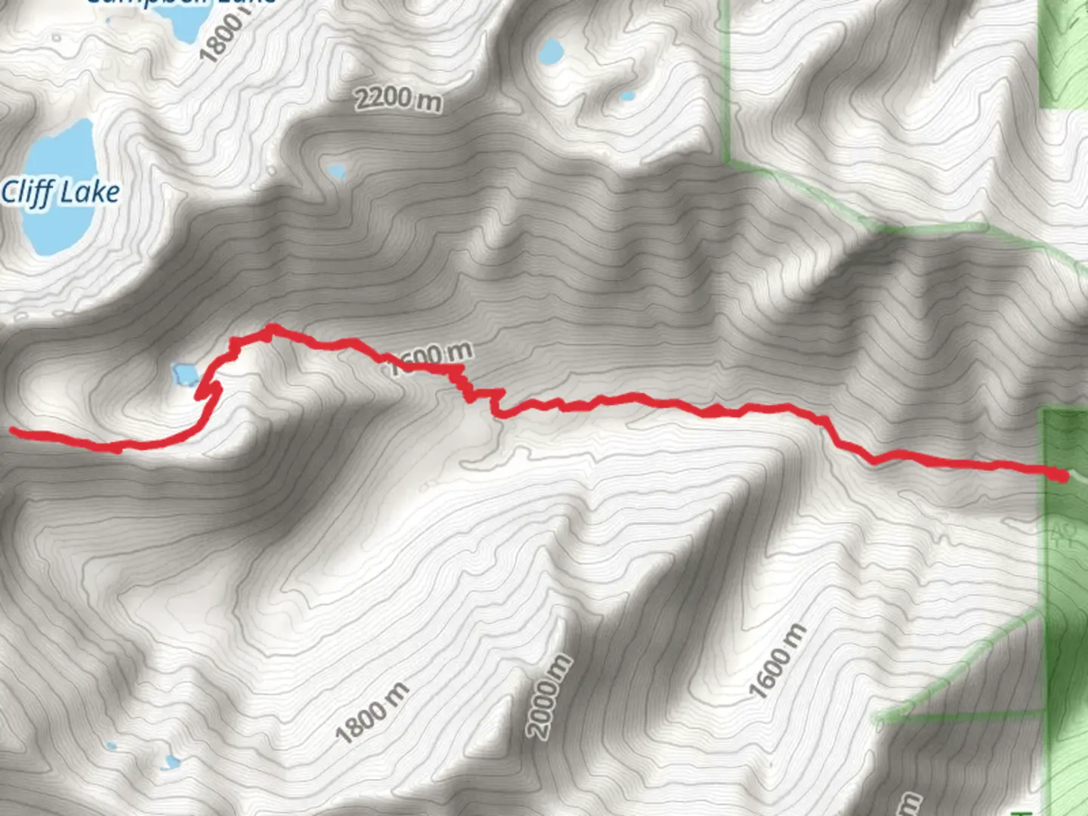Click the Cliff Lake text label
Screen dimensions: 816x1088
click(x=60, y=193)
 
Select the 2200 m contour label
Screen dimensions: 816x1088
click(x=398, y=99)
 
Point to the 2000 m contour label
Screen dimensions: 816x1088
click(x=550, y=696)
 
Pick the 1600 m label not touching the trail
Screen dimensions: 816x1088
click(x=777, y=660)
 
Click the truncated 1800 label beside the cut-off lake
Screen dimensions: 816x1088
click(x=224, y=34)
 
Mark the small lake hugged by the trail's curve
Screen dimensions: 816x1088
click(x=185, y=373)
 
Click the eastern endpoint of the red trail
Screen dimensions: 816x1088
click(x=1061, y=475)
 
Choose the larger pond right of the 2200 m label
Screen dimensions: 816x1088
click(x=550, y=51)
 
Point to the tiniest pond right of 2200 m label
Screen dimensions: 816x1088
click(x=626, y=97)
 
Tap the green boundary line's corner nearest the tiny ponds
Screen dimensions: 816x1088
click(x=728, y=161)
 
